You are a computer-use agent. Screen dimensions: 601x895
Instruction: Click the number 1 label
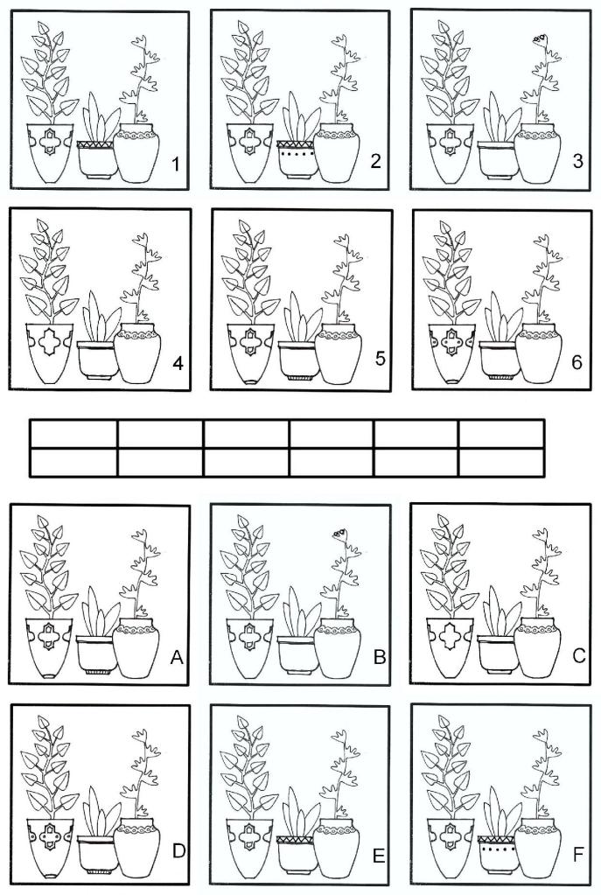point(176,165)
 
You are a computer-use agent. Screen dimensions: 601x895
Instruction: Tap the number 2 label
point(375,161)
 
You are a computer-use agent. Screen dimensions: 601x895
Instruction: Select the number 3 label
point(577,162)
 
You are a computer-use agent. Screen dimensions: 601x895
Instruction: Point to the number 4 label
point(178,363)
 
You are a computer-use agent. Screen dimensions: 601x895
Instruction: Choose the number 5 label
point(381,359)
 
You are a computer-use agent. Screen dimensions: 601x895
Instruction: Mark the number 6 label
point(577,362)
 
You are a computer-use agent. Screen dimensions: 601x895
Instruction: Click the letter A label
point(177,658)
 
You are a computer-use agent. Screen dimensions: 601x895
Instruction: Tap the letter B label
point(380,657)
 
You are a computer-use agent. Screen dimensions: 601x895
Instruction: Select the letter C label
point(578,656)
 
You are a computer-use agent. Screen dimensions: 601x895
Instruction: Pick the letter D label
point(178,851)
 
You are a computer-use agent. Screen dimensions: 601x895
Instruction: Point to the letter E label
point(379,856)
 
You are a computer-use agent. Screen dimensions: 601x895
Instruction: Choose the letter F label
point(577,855)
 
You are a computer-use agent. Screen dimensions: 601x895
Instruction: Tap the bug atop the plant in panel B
point(339,533)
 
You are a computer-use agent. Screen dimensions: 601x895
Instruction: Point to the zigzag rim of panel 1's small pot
point(96,145)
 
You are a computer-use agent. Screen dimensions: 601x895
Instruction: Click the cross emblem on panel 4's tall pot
point(50,341)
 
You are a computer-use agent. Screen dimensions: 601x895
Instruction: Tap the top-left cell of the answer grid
point(73,434)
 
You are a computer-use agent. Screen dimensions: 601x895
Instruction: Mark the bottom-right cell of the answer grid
point(501,462)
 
